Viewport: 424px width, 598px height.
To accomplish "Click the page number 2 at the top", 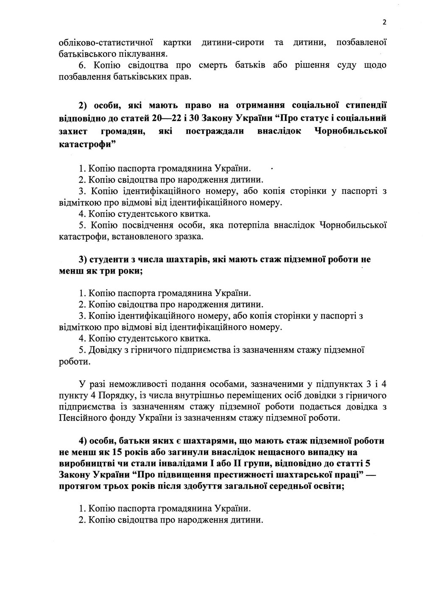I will (x=384, y=22).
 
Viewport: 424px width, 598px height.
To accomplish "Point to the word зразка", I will (x=189, y=236).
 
